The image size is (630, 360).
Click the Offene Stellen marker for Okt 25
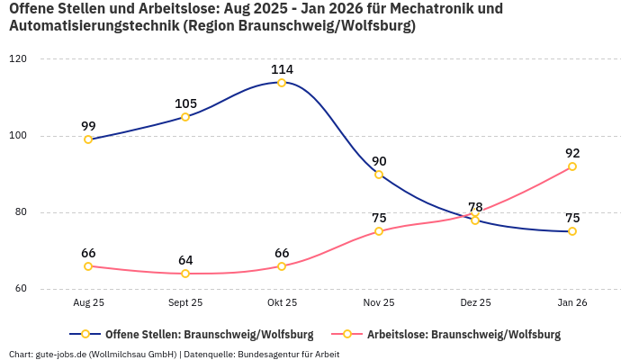click(282, 83)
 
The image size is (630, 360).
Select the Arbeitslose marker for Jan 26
click(571, 166)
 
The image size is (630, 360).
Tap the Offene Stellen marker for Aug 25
click(88, 139)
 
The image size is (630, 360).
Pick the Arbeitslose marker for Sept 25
click(185, 274)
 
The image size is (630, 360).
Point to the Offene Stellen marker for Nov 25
click(379, 175)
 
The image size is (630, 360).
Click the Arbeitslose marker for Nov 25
click(379, 231)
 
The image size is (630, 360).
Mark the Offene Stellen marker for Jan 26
click(571, 231)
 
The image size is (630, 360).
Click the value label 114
click(282, 69)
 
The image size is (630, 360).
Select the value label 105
click(185, 103)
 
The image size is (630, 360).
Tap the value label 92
click(571, 153)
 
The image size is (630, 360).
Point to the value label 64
click(185, 260)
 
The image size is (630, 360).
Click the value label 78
click(475, 207)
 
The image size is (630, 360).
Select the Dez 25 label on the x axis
click(475, 303)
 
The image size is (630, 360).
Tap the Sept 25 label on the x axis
click(185, 303)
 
